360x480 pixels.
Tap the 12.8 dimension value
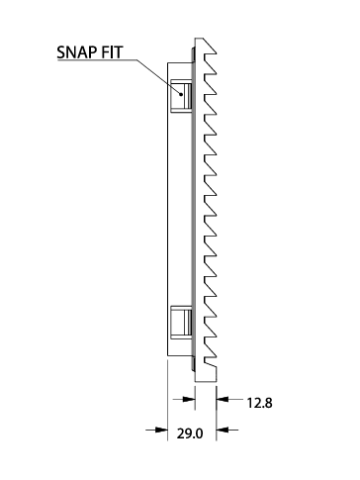point(259,403)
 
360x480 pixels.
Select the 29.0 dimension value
point(190,433)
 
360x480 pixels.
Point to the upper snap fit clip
point(181,96)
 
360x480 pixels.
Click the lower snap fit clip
point(181,323)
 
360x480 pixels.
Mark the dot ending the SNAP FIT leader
point(181,94)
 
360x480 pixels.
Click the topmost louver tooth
point(209,47)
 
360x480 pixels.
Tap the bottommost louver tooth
point(210,350)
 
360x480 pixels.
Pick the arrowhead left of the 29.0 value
point(161,430)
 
